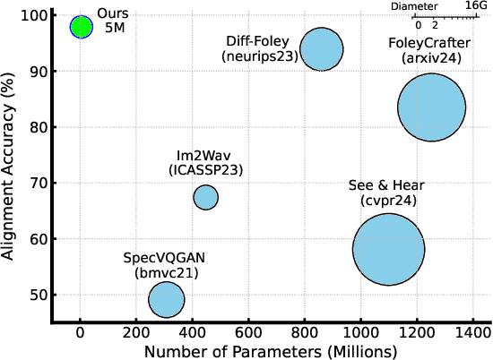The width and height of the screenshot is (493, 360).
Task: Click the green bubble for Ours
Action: click(x=81, y=27)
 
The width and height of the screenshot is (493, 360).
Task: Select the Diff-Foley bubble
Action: click(x=321, y=49)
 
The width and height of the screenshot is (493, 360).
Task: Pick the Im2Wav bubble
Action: click(x=205, y=197)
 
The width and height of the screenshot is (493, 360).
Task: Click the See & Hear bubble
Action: click(x=388, y=250)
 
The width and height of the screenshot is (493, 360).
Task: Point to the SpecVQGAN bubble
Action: click(x=166, y=300)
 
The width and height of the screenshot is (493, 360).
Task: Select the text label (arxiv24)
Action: click(x=429, y=58)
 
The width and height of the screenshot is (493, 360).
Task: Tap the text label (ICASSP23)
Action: click(x=205, y=169)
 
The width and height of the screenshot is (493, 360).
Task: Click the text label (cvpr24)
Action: click(x=386, y=201)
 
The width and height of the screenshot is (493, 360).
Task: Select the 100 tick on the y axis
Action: click(x=36, y=16)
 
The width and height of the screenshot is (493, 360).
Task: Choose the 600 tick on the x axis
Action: click(x=248, y=332)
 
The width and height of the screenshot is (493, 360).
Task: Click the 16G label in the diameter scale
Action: click(x=476, y=6)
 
